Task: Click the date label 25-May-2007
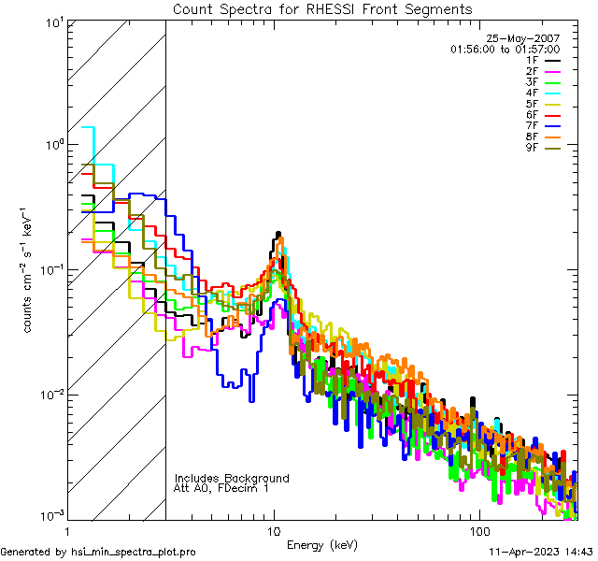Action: point(528,38)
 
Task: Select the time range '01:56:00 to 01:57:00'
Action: point(505,49)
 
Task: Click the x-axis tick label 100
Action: point(477,530)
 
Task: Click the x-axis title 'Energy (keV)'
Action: point(321,544)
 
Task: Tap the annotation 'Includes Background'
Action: point(232,478)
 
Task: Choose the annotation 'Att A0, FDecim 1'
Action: point(221,488)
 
